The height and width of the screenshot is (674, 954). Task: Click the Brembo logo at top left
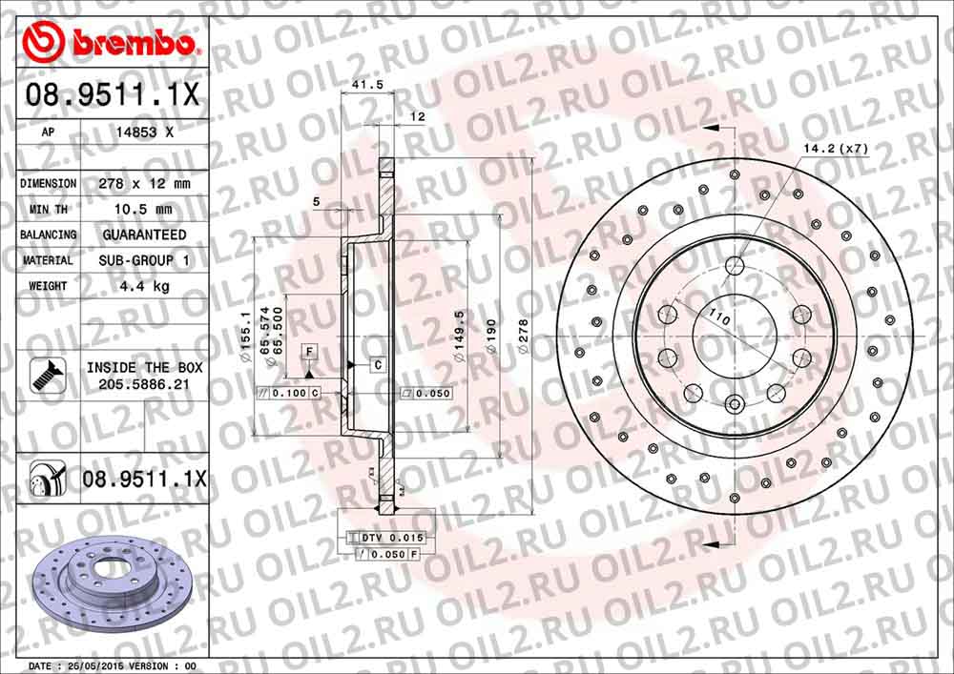(111, 42)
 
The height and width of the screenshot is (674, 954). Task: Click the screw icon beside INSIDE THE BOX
(43, 374)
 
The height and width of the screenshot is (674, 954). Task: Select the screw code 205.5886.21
(142, 383)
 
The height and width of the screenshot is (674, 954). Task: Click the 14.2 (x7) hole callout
(836, 149)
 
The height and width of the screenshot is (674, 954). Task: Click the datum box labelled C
(377, 365)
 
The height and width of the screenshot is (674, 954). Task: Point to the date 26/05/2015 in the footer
(93, 665)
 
